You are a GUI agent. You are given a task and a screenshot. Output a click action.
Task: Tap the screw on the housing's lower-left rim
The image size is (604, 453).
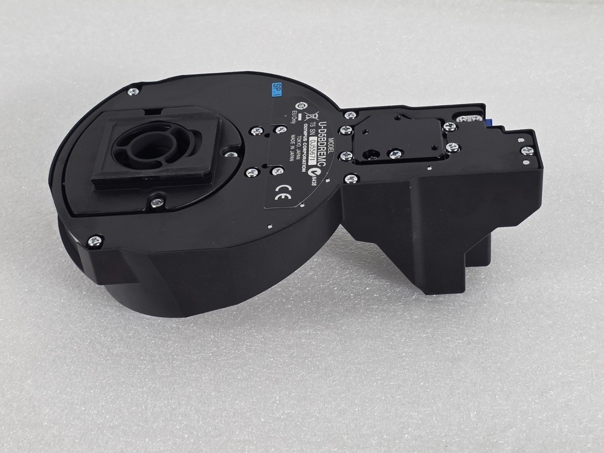click(94, 241)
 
